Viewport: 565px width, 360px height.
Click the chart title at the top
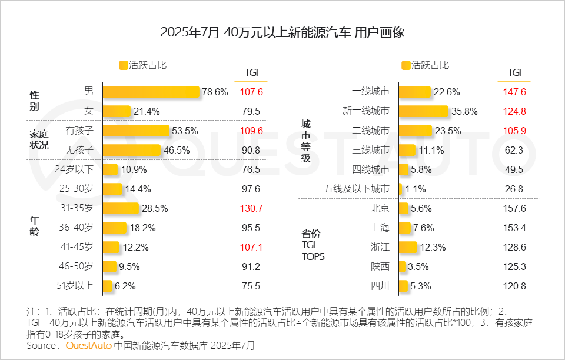click(x=282, y=32)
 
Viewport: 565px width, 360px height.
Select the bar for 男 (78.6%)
click(x=151, y=92)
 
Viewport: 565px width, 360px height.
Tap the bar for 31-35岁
click(x=121, y=208)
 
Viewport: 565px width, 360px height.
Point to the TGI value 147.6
click(x=514, y=92)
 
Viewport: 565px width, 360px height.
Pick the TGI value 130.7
click(x=251, y=208)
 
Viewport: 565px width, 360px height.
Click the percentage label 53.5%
click(x=185, y=131)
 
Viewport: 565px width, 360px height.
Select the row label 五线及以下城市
click(x=357, y=189)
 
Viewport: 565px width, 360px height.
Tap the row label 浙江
click(x=380, y=247)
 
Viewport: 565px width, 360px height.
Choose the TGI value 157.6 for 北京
click(x=514, y=208)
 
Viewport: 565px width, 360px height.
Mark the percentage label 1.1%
click(x=415, y=189)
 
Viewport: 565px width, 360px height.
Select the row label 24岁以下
click(x=74, y=169)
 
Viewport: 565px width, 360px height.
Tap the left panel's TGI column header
click(x=251, y=72)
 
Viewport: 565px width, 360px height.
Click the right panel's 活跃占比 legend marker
click(x=406, y=65)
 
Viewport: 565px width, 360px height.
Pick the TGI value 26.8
click(x=514, y=189)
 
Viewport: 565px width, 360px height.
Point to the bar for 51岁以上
click(x=108, y=286)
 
